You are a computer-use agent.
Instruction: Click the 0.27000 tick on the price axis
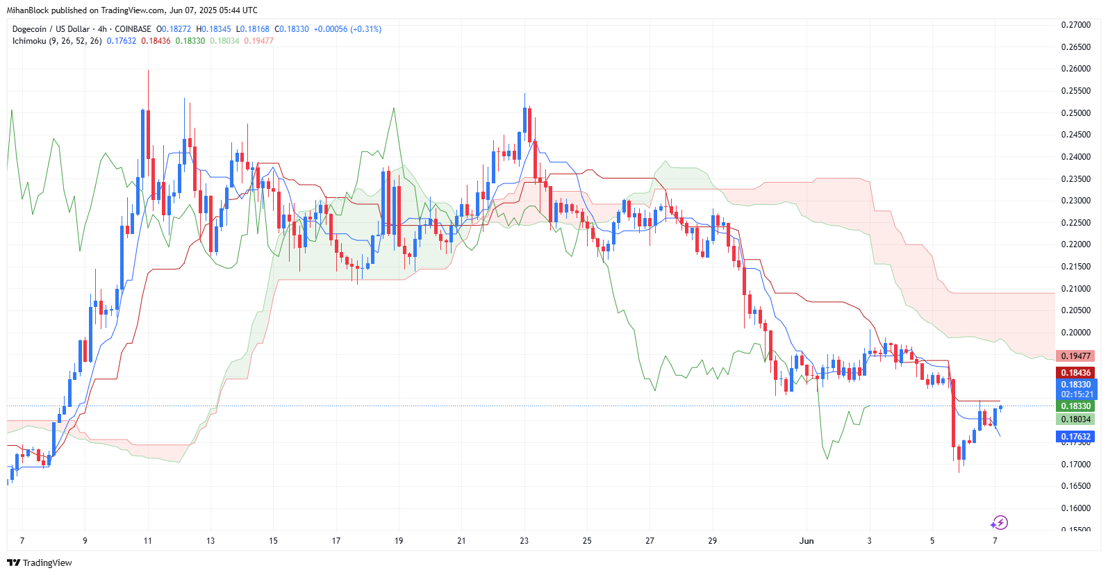1075,25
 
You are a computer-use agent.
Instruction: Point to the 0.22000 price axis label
1075,244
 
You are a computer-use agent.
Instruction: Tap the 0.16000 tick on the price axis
1075,508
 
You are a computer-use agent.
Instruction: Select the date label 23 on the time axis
524,541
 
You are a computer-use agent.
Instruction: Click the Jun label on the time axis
807,541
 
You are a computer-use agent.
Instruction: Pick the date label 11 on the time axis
147,541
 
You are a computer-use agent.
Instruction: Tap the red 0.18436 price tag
1075,373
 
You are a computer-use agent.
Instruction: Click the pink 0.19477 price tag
1075,356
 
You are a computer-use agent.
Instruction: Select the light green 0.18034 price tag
1075,419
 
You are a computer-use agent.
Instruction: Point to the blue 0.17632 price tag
1075,437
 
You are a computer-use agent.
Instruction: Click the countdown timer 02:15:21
1077,394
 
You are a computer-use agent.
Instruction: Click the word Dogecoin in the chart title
29,29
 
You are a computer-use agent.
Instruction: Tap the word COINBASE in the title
133,29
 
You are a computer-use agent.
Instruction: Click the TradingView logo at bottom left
40,562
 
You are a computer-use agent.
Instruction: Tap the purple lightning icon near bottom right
999,523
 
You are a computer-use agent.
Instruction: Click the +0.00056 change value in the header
330,29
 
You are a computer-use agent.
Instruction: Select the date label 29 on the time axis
713,541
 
